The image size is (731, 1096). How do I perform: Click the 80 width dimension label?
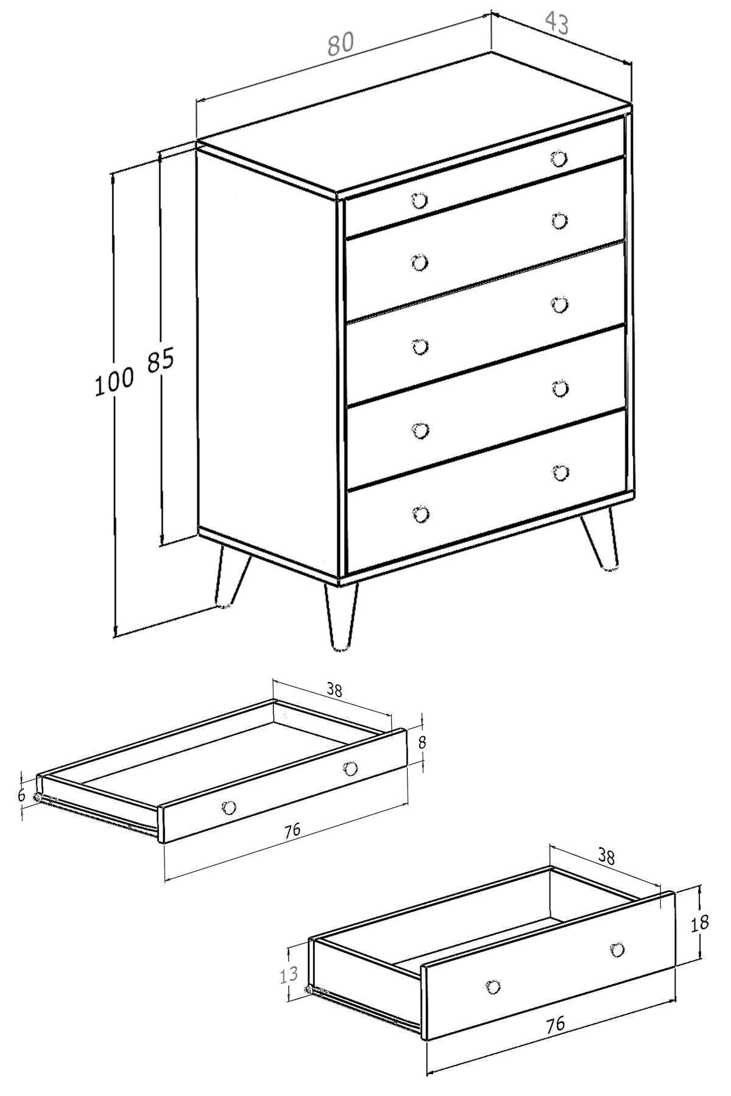pos(341,44)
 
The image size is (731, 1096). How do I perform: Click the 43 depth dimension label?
pos(556,23)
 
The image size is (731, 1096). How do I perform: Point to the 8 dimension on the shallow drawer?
pos(422,743)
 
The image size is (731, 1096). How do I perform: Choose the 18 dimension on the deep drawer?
pos(700,923)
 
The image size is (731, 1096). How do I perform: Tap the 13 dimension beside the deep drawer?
pos(289,974)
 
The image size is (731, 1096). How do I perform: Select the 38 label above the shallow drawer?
pos(334,690)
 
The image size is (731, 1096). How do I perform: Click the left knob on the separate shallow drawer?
pos(229,807)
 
